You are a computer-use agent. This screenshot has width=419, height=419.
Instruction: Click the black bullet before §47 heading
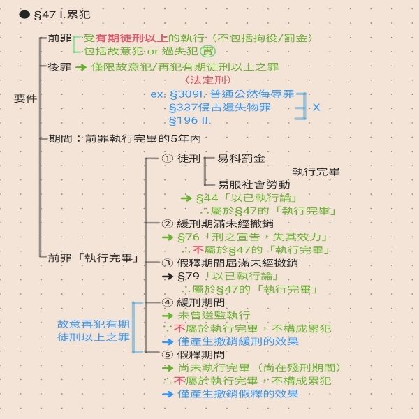click(x=24, y=15)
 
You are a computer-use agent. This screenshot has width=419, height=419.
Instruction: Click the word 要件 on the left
click(x=24, y=98)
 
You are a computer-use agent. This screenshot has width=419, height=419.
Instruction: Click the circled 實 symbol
click(x=207, y=51)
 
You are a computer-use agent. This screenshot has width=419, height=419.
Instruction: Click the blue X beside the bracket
click(x=316, y=108)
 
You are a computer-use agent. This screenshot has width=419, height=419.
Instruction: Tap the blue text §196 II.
click(x=191, y=121)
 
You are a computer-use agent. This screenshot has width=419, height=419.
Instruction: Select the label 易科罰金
click(x=242, y=159)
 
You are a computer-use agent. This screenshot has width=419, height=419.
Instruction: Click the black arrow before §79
click(x=167, y=277)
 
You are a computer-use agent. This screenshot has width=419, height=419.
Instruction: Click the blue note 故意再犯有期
click(x=93, y=324)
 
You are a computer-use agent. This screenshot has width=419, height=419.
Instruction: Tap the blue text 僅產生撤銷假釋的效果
click(x=237, y=395)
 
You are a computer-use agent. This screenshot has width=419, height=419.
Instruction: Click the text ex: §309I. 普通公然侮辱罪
click(x=222, y=94)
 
